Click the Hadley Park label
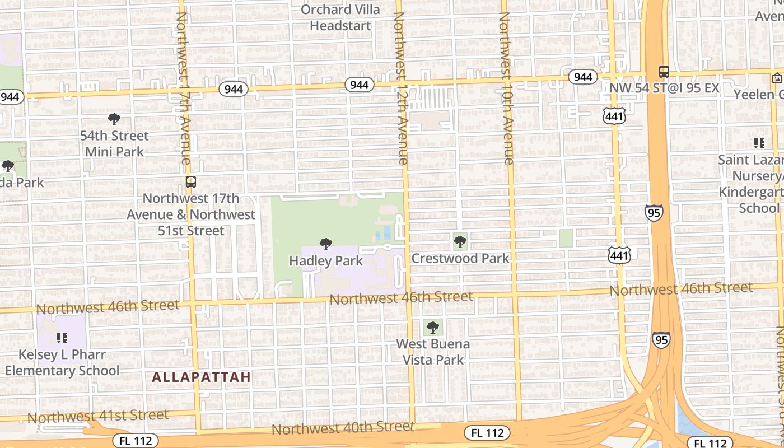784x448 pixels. tap(325, 261)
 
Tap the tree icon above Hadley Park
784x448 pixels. tap(325, 244)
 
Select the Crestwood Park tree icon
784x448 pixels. tap(460, 242)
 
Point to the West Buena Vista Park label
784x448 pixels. tap(433, 352)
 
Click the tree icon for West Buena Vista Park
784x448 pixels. tap(432, 327)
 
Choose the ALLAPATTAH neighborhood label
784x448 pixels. tap(201, 377)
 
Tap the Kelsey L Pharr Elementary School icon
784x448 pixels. tap(62, 338)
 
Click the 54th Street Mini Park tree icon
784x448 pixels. tap(114, 119)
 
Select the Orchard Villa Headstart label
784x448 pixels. tap(340, 17)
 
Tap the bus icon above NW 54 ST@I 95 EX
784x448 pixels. tap(664, 72)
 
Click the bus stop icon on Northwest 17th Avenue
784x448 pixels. tap(191, 182)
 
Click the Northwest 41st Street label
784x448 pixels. tap(97, 416)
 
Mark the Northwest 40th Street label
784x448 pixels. tap(343, 428)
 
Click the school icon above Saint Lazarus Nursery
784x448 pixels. tap(759, 143)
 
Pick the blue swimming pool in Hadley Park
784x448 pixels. tap(383, 233)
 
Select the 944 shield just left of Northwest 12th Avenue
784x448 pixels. tap(359, 85)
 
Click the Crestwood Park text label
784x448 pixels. tap(460, 258)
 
